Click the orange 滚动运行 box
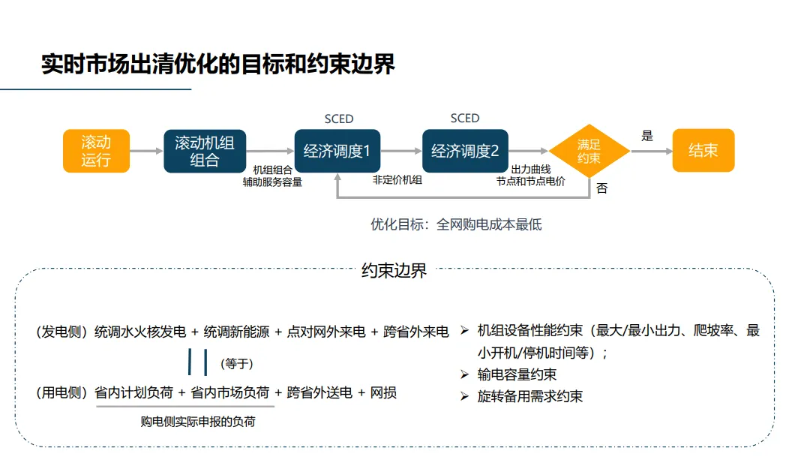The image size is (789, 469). click(x=96, y=151)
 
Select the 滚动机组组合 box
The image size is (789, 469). click(x=205, y=151)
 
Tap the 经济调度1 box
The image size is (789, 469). click(x=337, y=151)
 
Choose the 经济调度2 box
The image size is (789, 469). click(x=465, y=151)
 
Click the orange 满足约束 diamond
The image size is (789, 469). click(x=589, y=151)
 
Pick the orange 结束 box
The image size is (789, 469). click(x=703, y=151)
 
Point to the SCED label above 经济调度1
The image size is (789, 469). click(x=339, y=119)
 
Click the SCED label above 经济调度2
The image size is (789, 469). click(x=465, y=118)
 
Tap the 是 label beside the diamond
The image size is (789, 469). click(x=647, y=136)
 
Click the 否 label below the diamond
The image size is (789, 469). click(x=602, y=188)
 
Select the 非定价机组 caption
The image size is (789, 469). click(x=397, y=180)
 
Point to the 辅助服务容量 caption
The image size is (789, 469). click(x=272, y=182)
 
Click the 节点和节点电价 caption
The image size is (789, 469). click(x=531, y=181)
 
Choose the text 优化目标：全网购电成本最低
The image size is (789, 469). click(x=456, y=224)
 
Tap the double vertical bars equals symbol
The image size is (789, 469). click(x=198, y=362)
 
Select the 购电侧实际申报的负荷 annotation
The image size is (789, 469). click(x=198, y=422)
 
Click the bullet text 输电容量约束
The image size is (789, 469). click(x=517, y=374)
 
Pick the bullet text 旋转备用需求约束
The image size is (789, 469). click(x=529, y=396)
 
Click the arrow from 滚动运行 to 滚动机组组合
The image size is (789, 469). click(x=146, y=151)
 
